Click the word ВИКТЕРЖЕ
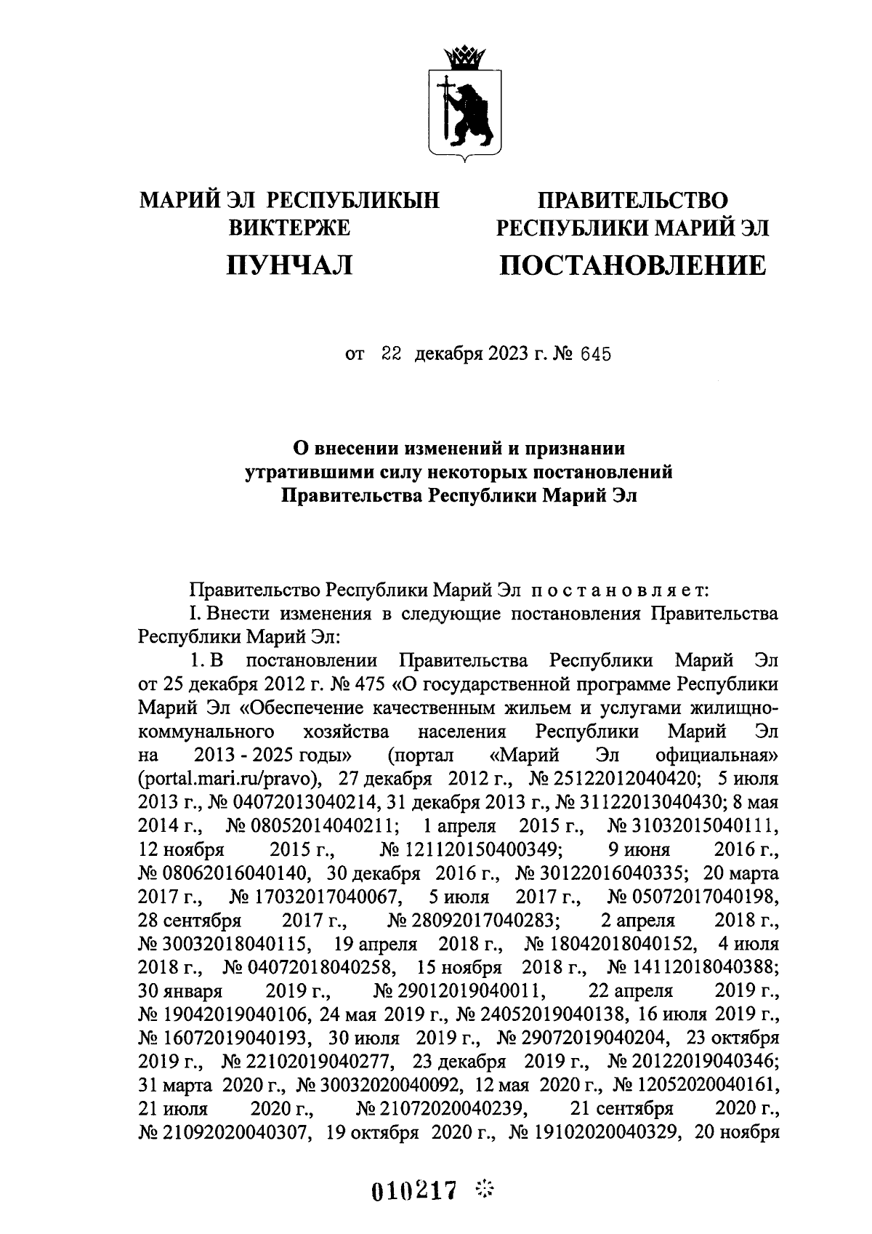[x=289, y=228]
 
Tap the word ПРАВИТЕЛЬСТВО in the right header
[x=632, y=199]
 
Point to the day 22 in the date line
[x=391, y=355]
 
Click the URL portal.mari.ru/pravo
[x=230, y=779]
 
